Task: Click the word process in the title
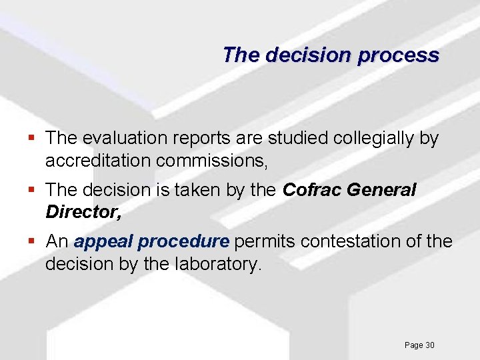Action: click(x=398, y=55)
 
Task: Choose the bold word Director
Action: click(x=83, y=212)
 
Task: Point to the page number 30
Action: click(x=429, y=345)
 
